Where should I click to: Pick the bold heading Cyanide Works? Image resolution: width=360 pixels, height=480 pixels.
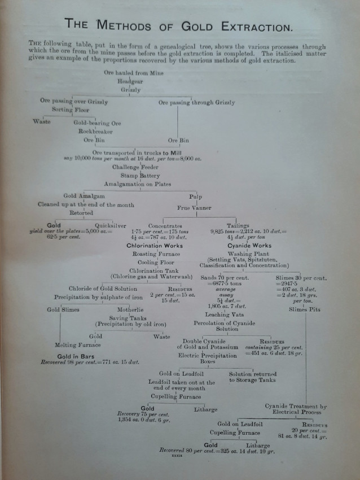249,246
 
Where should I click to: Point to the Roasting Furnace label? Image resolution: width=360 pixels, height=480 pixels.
156,255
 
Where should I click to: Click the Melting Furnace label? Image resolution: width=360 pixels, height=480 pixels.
77,345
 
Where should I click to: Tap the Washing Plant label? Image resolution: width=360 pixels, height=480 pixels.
249,254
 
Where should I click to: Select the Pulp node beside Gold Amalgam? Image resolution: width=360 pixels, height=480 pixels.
195,197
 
